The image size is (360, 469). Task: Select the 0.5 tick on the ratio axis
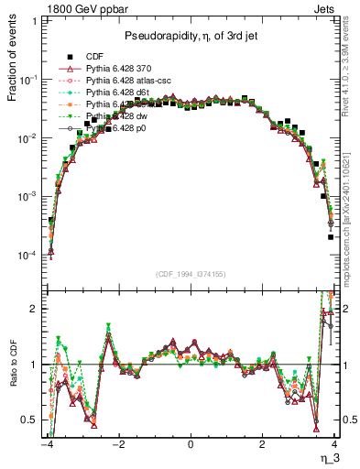(x=31, y=420)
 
